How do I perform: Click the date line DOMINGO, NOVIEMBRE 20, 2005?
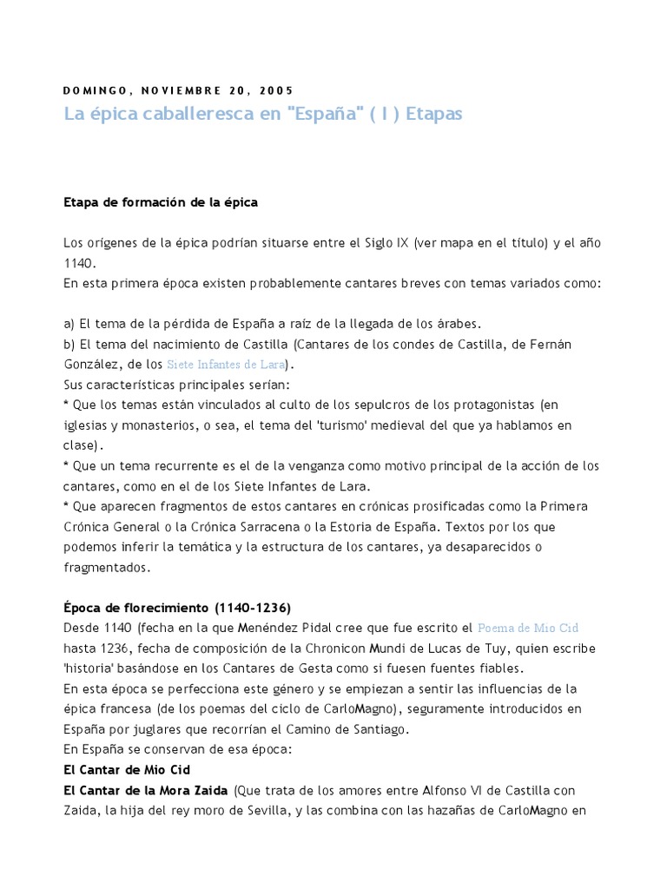tap(179, 90)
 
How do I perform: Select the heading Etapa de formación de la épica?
tap(161, 203)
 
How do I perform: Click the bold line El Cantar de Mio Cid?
tap(127, 769)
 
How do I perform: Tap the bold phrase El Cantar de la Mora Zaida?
tap(146, 791)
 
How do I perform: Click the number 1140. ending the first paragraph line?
tap(81, 263)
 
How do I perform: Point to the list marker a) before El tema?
tap(69, 323)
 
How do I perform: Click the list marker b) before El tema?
tap(69, 344)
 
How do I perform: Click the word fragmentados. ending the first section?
tap(107, 568)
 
